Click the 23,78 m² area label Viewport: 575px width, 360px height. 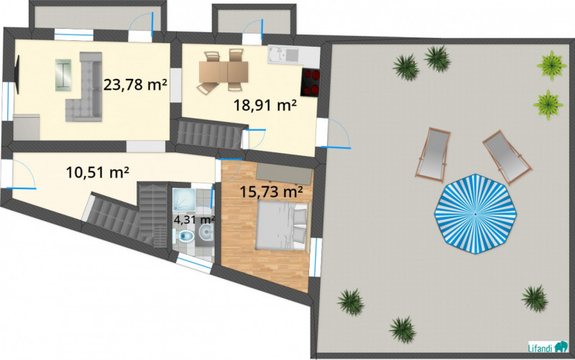135,84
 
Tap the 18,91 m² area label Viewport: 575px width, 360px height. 265,106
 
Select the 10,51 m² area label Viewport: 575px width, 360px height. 97,172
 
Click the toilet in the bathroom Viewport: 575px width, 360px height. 185,236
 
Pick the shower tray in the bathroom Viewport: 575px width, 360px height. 182,197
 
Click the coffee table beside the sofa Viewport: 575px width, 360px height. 64,73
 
